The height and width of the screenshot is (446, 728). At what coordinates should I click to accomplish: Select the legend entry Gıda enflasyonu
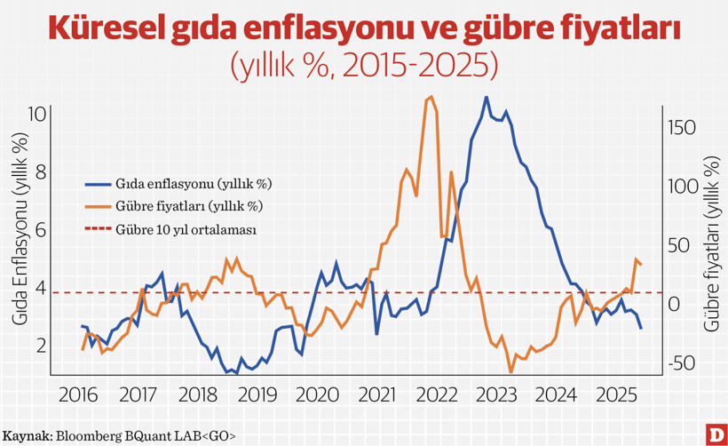pos(192,184)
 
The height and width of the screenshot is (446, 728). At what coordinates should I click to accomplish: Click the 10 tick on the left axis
pos(36,115)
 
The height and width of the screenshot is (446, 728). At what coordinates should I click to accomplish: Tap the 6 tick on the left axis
pos(41,230)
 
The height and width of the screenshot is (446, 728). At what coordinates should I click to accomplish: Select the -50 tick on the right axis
pos(684,363)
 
